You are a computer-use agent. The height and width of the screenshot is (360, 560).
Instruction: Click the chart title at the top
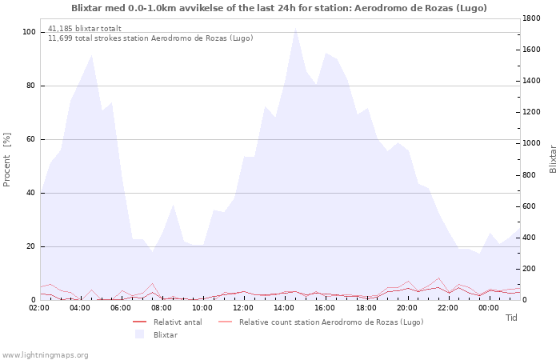pyautogui.click(x=279, y=8)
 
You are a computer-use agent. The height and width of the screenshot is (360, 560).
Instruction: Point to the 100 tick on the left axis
pyautogui.click(x=29, y=32)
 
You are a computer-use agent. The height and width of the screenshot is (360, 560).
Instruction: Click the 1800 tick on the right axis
pyautogui.click(x=531, y=18)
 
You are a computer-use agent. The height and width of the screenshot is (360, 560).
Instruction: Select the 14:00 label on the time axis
pyautogui.click(x=284, y=308)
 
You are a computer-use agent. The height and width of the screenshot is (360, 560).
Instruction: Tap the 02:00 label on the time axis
pyautogui.click(x=39, y=308)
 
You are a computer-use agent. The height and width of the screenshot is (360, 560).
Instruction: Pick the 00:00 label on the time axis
pyautogui.click(x=489, y=308)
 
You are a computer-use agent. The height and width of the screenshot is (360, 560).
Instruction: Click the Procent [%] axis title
pyautogui.click(x=6, y=160)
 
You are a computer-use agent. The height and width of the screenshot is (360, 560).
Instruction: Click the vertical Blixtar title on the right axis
pyautogui.click(x=553, y=159)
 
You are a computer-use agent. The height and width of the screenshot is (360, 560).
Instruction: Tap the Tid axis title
pyautogui.click(x=511, y=318)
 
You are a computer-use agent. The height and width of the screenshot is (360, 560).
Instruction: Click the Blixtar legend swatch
pyautogui.click(x=139, y=334)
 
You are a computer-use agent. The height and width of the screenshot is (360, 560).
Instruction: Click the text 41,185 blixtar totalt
pyautogui.click(x=85, y=29)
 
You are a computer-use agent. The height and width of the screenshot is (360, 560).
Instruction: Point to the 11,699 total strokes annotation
pyautogui.click(x=150, y=38)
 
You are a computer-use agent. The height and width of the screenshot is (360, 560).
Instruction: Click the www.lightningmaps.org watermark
pyautogui.click(x=44, y=355)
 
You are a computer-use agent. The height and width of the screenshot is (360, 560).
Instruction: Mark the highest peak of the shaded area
pyautogui.click(x=295, y=28)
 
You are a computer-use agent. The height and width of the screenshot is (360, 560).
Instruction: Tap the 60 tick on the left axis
pyautogui.click(x=30, y=139)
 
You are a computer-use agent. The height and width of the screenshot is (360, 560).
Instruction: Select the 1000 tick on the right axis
pyautogui.click(x=531, y=143)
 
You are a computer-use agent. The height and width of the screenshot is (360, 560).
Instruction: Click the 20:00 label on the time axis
pyautogui.click(x=406, y=308)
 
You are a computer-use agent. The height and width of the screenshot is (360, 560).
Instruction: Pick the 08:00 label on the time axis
pyautogui.click(x=162, y=308)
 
